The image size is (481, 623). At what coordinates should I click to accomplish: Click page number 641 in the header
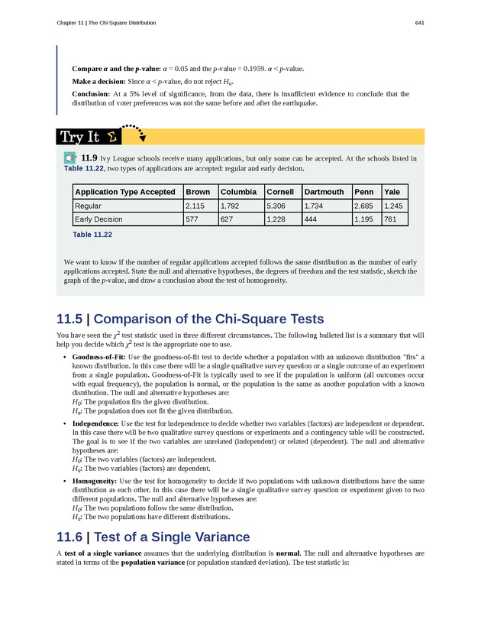pos(419,23)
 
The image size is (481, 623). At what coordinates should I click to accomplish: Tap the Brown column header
pos(198,192)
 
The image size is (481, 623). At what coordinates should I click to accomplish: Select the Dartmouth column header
pos(324,192)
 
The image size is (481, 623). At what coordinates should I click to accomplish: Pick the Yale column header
pos(392,192)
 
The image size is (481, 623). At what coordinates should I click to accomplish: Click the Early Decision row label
pos(98,219)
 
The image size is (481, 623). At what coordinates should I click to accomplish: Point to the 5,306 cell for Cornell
pos(277,206)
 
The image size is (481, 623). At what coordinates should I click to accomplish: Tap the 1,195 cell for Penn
pos(364,219)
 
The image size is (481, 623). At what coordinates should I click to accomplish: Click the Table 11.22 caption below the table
pos(92,235)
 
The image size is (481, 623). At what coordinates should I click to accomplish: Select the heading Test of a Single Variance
pos(175,515)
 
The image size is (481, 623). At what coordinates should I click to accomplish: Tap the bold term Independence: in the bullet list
pos(95,423)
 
